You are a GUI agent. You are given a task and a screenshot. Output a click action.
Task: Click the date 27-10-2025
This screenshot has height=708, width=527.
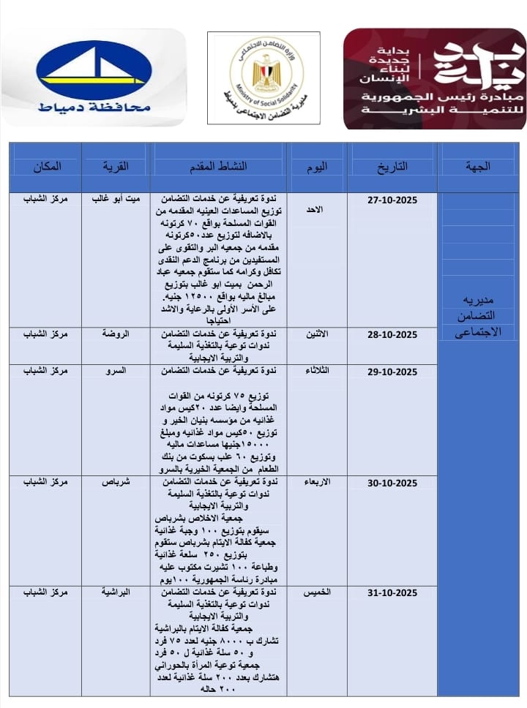[392, 199]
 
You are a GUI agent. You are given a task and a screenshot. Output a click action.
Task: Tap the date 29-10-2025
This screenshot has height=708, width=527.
[392, 372]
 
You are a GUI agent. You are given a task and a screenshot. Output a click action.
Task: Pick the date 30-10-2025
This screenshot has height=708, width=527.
[392, 482]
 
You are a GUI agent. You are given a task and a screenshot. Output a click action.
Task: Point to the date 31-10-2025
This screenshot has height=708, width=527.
[392, 592]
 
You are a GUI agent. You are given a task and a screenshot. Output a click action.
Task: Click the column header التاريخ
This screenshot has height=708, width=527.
[392, 166]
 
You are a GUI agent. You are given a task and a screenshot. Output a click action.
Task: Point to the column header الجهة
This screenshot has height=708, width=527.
[478, 166]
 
